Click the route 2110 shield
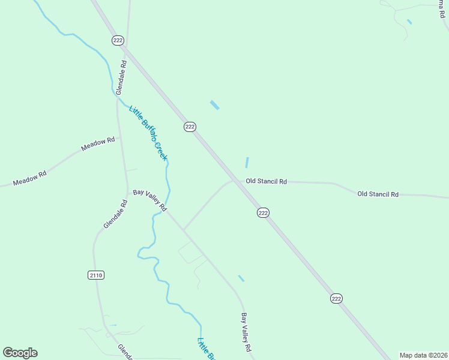[96, 275]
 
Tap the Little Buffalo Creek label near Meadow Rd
[148, 133]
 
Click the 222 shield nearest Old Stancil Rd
[263, 212]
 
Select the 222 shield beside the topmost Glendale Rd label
[118, 40]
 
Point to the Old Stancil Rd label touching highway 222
[266, 181]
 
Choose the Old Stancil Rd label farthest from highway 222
[378, 194]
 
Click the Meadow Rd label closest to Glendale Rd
[98, 144]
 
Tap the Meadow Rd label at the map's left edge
[29, 178]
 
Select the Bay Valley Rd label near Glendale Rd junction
[149, 200]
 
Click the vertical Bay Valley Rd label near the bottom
[246, 332]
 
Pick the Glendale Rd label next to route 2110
[116, 214]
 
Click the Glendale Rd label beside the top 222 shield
[121, 77]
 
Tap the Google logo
[20, 353]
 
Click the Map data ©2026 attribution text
[424, 355]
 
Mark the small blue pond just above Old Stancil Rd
[247, 163]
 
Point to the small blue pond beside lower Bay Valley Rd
[241, 278]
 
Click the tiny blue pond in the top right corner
[409, 22]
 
